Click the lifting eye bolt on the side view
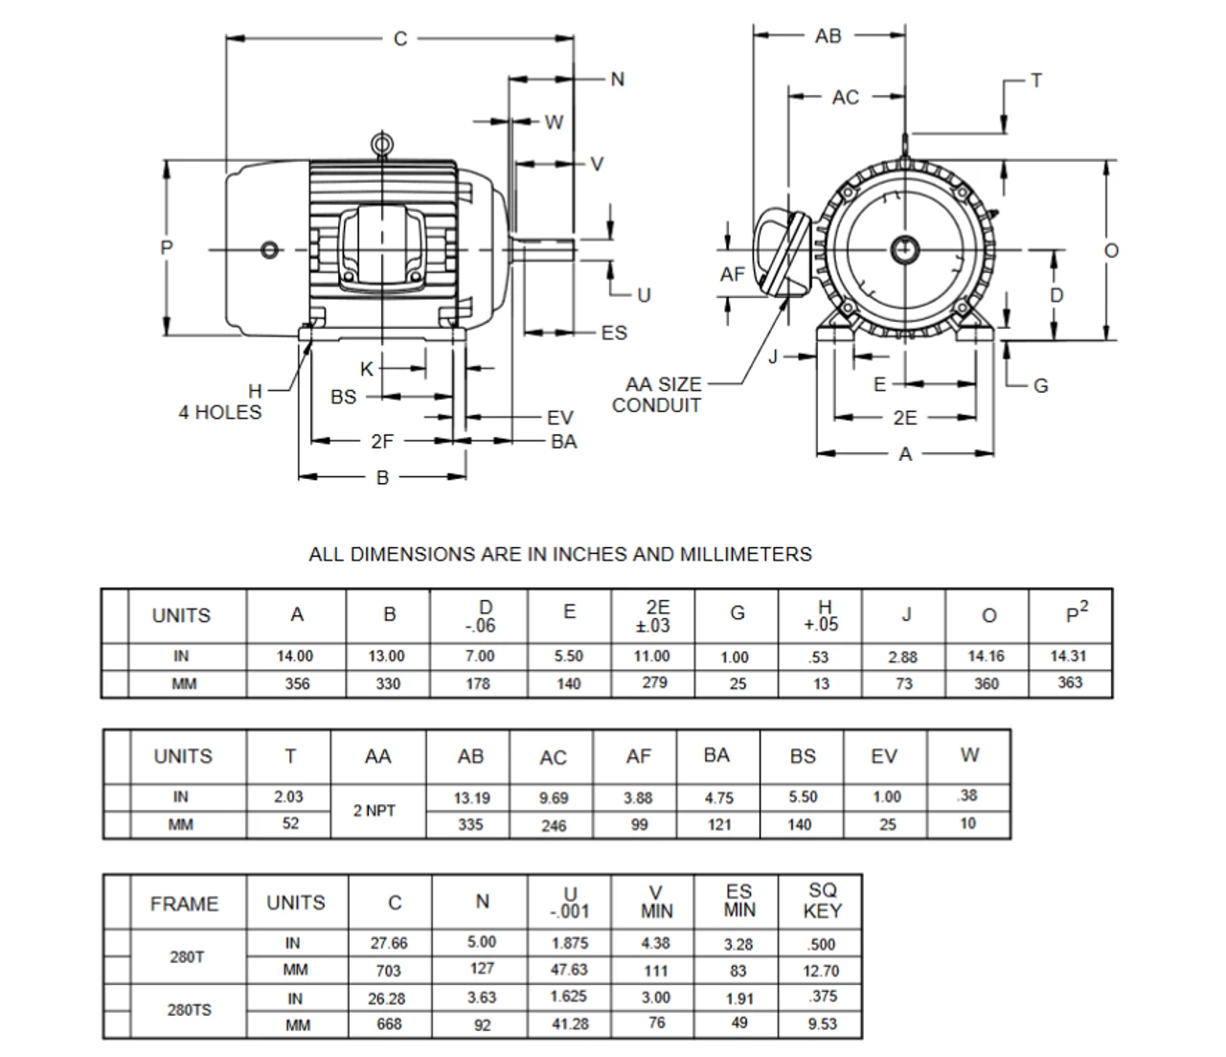tap(382, 145)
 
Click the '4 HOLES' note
tap(219, 412)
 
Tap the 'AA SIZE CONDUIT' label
tap(657, 395)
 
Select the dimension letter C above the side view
tap(400, 38)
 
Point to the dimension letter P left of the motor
tap(167, 248)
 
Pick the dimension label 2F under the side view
tap(381, 442)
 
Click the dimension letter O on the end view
tap(1111, 251)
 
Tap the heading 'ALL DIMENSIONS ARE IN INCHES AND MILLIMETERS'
tap(559, 554)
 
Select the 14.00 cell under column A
tap(295, 656)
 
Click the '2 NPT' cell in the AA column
tap(375, 811)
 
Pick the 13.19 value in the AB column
tap(470, 797)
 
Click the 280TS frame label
tap(189, 1010)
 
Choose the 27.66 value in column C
tap(389, 943)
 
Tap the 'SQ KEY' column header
tap(822, 901)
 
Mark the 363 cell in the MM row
tap(1070, 682)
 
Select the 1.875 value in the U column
tap(570, 943)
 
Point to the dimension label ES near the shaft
tap(614, 333)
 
